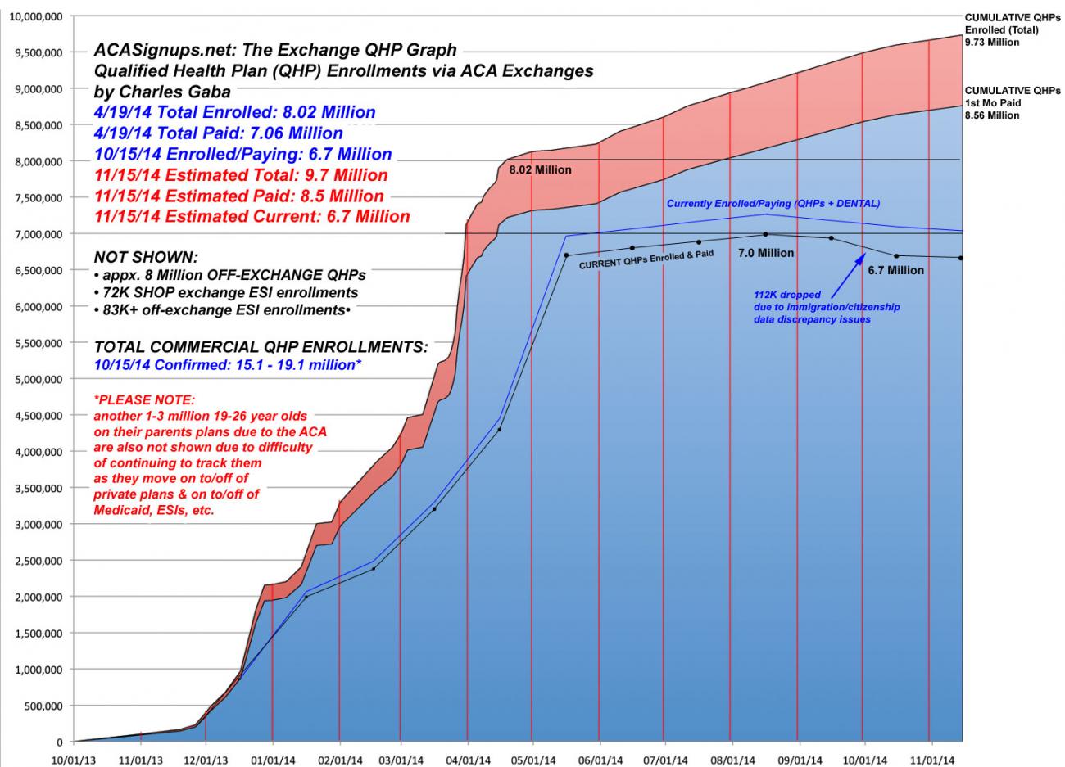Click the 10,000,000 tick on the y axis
[37, 16]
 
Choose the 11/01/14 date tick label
[928, 759]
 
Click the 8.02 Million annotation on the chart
[540, 170]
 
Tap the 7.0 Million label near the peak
[766, 253]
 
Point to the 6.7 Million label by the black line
[896, 270]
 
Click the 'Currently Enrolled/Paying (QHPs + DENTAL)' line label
[773, 203]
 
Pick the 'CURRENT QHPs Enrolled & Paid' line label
[646, 260]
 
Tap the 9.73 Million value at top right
[992, 43]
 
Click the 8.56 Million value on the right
[992, 115]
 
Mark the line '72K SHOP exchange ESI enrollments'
[230, 292]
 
